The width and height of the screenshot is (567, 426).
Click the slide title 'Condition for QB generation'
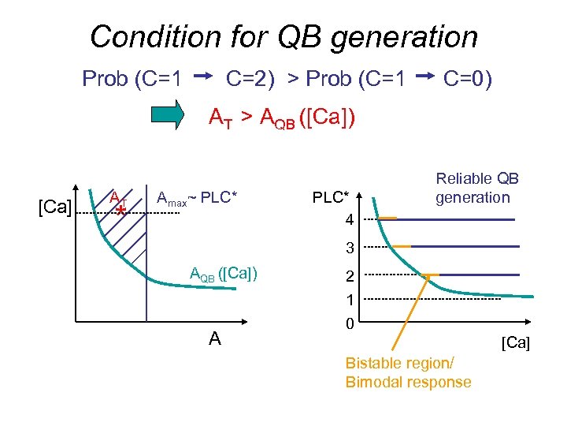pyautogui.click(x=283, y=36)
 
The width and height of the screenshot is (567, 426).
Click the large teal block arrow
pyautogui.click(x=175, y=118)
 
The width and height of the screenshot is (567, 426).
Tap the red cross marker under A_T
pyautogui.click(x=120, y=211)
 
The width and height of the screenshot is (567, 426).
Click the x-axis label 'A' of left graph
pyautogui.click(x=214, y=339)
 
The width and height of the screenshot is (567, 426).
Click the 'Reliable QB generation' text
pyautogui.click(x=477, y=189)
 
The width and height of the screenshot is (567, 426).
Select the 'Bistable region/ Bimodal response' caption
pyautogui.click(x=408, y=373)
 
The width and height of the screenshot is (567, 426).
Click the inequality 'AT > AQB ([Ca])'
pyautogui.click(x=281, y=118)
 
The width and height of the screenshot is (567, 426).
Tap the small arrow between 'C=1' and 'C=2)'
pyautogui.click(x=204, y=77)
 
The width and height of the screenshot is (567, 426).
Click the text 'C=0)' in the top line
pyautogui.click(x=468, y=79)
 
